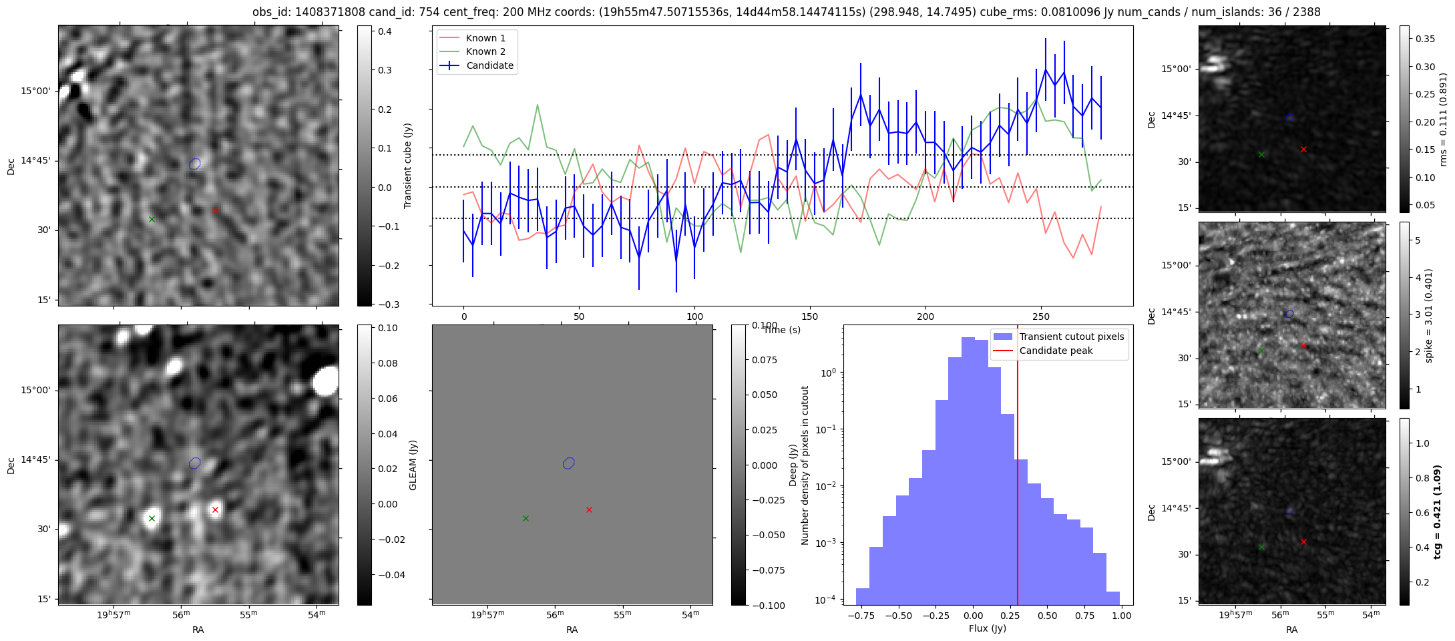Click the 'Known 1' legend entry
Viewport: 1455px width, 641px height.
(x=485, y=38)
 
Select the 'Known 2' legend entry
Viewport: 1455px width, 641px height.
(x=485, y=51)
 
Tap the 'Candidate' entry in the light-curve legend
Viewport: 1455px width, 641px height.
(x=489, y=65)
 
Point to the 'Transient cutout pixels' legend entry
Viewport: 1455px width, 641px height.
(x=1071, y=337)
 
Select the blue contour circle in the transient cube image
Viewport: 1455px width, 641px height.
(x=194, y=164)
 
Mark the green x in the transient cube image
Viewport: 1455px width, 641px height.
(x=152, y=219)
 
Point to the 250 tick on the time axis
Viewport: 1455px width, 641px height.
(x=1041, y=316)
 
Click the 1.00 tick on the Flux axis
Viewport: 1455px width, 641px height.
(x=1122, y=616)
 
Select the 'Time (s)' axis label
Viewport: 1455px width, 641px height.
(x=782, y=330)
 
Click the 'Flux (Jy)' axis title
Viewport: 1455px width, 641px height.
(x=987, y=628)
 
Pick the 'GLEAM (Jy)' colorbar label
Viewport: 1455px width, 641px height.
(x=413, y=465)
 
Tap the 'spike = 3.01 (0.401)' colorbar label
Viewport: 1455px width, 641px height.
(x=1428, y=315)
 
